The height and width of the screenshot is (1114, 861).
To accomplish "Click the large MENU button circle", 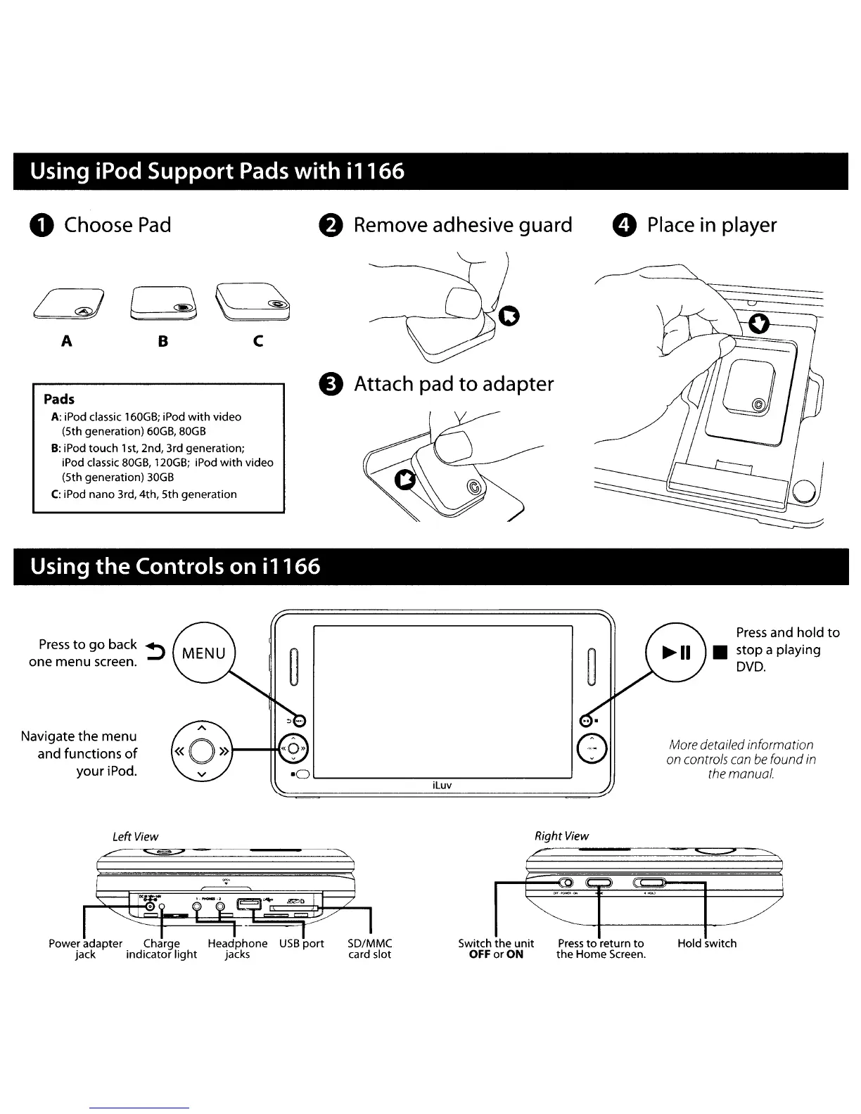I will (203, 653).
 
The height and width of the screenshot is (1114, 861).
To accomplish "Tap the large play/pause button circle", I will (675, 652).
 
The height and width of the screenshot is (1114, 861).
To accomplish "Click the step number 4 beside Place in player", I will (624, 226).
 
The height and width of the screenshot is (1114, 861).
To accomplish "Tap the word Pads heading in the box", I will (59, 399).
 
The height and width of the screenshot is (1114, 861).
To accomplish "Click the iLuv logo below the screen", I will (442, 785).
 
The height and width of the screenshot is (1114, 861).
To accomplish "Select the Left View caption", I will (135, 836).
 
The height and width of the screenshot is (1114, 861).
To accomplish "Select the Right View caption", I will (561, 835).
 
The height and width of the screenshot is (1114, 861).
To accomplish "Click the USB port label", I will (302, 943).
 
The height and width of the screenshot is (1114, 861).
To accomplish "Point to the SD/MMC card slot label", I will (370, 949).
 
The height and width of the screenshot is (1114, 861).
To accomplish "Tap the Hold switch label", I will (707, 943).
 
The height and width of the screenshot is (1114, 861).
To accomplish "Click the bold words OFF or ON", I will (496, 954).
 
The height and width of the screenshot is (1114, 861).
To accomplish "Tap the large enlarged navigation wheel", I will (201, 751).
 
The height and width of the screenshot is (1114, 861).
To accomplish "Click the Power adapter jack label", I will (85, 949).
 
